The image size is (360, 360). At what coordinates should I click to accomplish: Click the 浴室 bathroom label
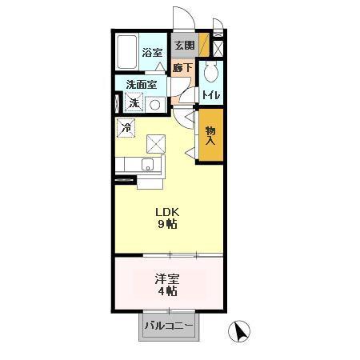[152, 53]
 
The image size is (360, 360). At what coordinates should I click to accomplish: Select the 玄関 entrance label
[184, 46]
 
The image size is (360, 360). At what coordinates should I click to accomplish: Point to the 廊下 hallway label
[183, 68]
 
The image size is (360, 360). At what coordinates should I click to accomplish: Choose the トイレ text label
[211, 96]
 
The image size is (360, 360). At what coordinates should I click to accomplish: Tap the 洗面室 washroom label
[140, 85]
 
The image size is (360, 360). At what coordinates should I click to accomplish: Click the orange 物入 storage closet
[210, 135]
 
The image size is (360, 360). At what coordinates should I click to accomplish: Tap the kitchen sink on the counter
[147, 166]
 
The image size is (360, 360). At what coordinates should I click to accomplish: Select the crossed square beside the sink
[156, 144]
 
